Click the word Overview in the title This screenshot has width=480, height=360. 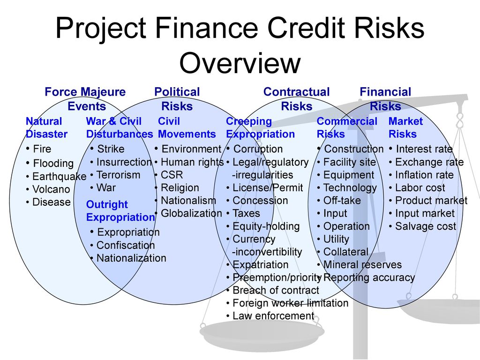click(x=240, y=63)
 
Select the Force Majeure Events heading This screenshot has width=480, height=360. click(x=85, y=99)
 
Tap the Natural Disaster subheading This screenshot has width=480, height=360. click(x=46, y=127)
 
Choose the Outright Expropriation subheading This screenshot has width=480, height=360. click(x=120, y=210)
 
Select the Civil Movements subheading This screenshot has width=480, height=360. click(x=187, y=127)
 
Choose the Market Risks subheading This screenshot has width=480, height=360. click(x=405, y=127)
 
